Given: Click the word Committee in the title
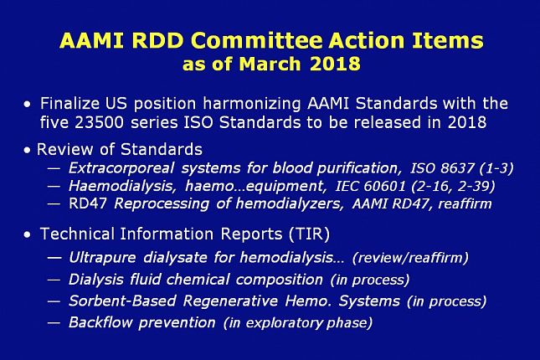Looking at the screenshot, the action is pyautogui.click(x=256, y=41).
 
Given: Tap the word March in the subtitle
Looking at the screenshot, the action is pyautogui.click(x=270, y=64).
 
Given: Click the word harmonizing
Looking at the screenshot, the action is pyautogui.click(x=252, y=104).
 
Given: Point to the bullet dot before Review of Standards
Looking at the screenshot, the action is pyautogui.click(x=27, y=150).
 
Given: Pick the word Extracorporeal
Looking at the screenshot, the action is pyautogui.click(x=121, y=168).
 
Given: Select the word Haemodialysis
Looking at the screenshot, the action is pyautogui.click(x=121, y=187).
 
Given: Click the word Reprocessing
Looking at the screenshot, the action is pyautogui.click(x=162, y=204).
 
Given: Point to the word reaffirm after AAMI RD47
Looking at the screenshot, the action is pyautogui.click(x=465, y=204).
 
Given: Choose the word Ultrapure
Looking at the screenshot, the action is pyautogui.click(x=102, y=258).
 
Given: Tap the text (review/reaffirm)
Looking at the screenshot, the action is pyautogui.click(x=410, y=258).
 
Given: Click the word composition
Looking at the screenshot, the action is pyautogui.click(x=280, y=280).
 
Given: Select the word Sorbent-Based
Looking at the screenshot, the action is pyautogui.click(x=122, y=301).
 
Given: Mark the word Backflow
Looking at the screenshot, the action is pyautogui.click(x=100, y=323).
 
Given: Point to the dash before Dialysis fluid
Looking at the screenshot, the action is pyautogui.click(x=54, y=280).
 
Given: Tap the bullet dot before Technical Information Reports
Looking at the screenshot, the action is pyautogui.click(x=27, y=235).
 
